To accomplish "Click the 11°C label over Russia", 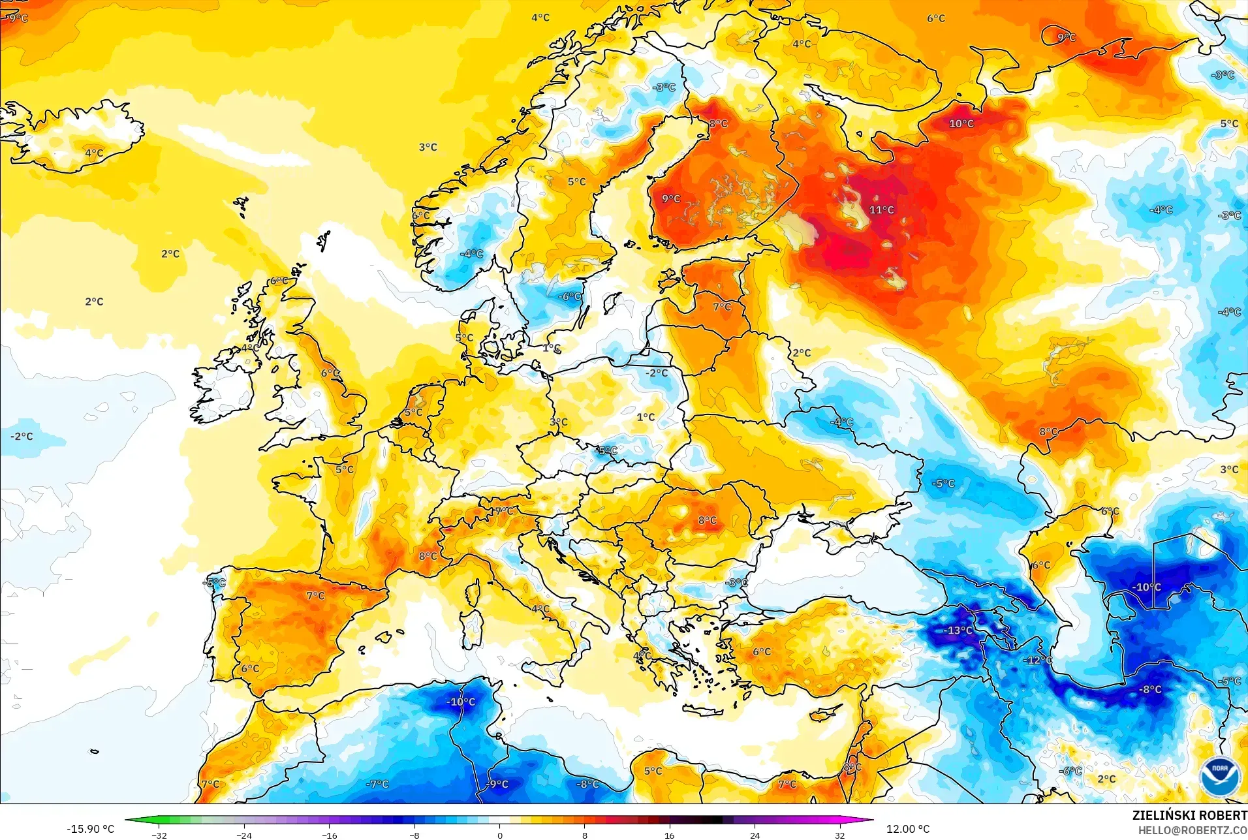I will click(x=881, y=210).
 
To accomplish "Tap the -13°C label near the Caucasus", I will click(x=958, y=630).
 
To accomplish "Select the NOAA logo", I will click(x=1219, y=776).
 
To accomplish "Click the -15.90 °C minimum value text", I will click(x=90, y=829).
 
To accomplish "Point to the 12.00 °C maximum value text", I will click(x=907, y=829).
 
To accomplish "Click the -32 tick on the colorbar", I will click(x=159, y=835).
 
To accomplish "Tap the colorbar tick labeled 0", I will click(x=500, y=835).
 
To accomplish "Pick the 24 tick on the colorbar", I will click(x=755, y=835).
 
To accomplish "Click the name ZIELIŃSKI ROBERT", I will click(x=1189, y=815).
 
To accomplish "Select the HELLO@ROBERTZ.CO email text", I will click(x=1193, y=830).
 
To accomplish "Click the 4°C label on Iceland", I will click(x=94, y=153).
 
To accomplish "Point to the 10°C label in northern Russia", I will click(x=961, y=123).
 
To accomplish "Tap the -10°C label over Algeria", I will click(x=461, y=702).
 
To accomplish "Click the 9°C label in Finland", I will click(x=671, y=198).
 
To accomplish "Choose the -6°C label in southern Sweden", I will click(x=569, y=296).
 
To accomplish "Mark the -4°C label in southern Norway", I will click(x=471, y=254).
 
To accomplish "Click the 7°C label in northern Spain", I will click(x=315, y=595).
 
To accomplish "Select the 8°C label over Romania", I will click(x=707, y=520).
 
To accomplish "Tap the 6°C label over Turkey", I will click(x=761, y=651).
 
